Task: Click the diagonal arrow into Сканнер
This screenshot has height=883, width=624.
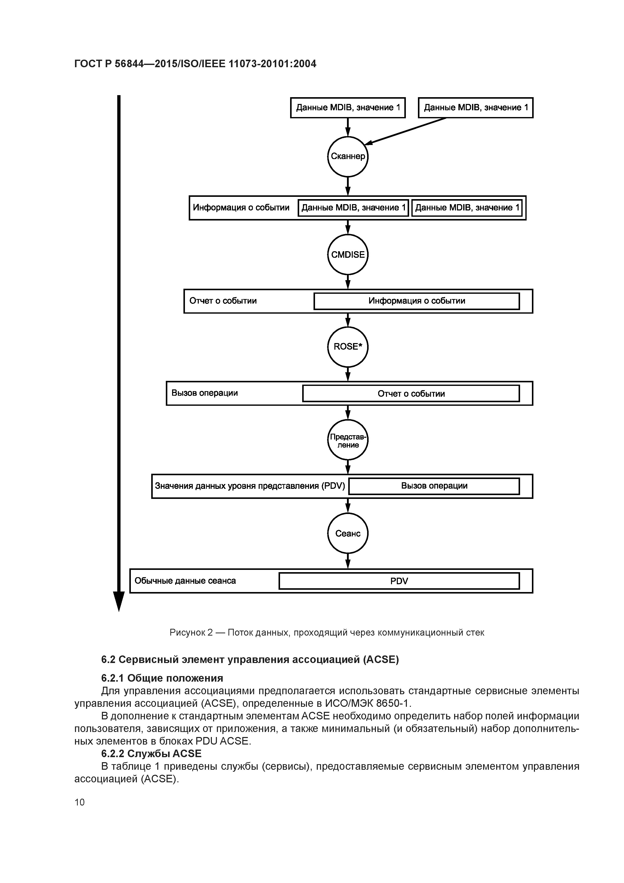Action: coord(406,131)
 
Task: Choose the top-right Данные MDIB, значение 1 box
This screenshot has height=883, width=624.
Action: coord(475,108)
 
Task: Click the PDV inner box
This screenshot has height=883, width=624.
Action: coord(399,581)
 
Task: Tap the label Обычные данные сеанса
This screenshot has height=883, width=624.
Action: coord(185,581)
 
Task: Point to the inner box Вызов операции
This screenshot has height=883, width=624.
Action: coord(434,486)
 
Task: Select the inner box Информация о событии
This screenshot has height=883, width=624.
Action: coord(416,301)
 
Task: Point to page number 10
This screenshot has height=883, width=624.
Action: coord(80,802)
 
